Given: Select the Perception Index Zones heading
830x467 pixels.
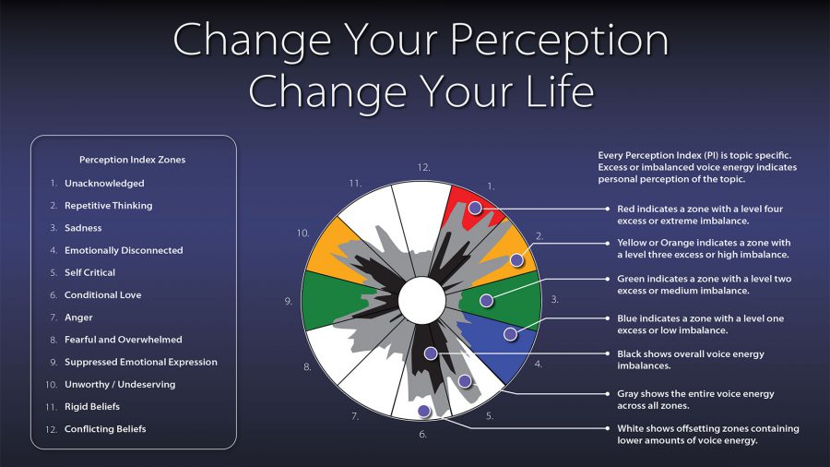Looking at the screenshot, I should point(132,160).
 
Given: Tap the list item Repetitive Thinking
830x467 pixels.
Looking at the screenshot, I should point(108,206).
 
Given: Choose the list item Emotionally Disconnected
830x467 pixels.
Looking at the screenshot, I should point(124,250).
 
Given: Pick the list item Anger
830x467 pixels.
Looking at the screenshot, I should point(78,317).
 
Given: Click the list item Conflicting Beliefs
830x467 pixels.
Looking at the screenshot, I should point(105,429).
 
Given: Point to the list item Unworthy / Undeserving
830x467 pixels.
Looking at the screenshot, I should point(119,385).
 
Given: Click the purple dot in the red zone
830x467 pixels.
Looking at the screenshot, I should point(475,209).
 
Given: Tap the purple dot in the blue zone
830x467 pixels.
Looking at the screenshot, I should point(509,333).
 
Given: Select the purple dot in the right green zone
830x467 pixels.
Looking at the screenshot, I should point(486,300).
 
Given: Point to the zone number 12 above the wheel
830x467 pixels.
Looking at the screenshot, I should point(423,168).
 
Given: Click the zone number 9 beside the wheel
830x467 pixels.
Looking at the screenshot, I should point(290,301).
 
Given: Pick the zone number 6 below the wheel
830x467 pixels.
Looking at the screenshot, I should point(422,434).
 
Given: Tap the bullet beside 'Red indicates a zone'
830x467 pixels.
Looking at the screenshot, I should point(606,210).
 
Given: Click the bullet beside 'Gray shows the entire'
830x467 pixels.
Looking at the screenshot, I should point(606,394).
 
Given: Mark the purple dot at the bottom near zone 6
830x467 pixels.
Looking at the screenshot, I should point(423,411).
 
